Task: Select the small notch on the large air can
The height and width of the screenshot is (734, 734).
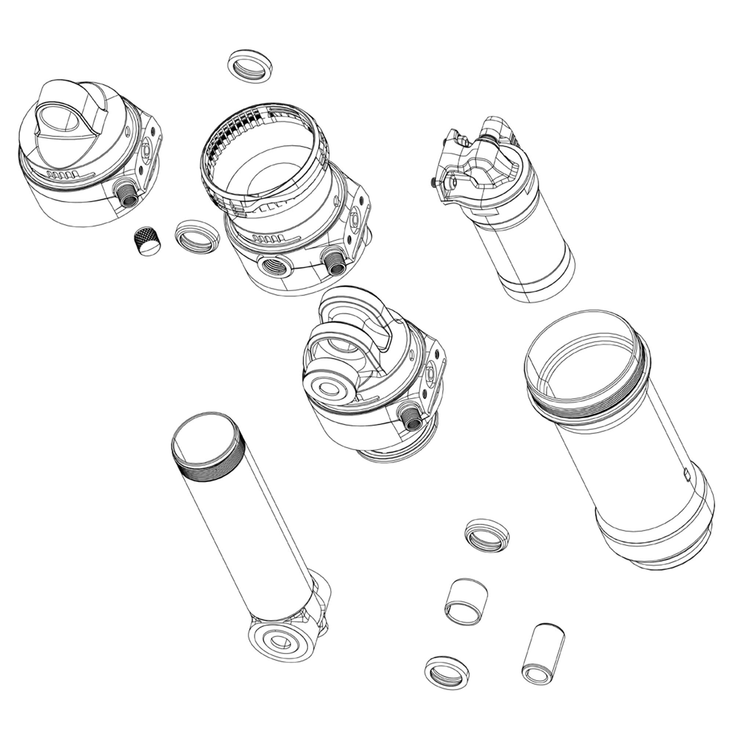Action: pyautogui.click(x=686, y=473)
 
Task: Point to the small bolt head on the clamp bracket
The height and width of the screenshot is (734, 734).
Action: pyautogui.click(x=433, y=183)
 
